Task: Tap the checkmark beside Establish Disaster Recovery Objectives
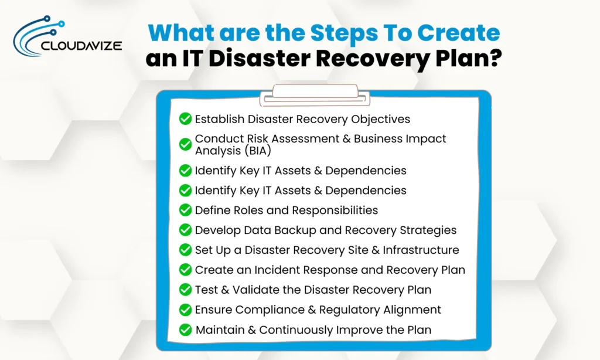click(185, 119)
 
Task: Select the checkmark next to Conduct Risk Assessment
click(185, 144)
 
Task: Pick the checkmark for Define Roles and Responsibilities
click(185, 210)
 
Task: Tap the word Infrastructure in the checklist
click(421, 250)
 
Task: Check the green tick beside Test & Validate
click(185, 290)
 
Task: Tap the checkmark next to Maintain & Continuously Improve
click(185, 330)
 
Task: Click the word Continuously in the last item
click(297, 330)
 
